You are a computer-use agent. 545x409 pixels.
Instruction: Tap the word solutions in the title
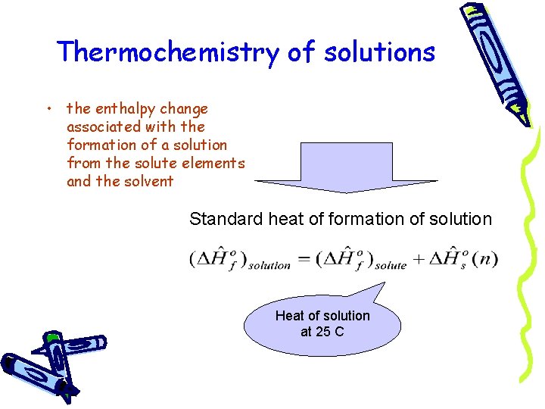pos(380,52)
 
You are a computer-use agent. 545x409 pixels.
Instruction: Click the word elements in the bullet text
pos(216,163)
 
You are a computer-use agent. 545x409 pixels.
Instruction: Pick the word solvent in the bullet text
pos(148,181)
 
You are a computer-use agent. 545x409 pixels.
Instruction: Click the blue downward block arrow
pos(345,167)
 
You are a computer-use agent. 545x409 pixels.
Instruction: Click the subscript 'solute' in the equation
pos(391,265)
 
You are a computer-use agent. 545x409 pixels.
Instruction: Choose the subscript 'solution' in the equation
pos(269,265)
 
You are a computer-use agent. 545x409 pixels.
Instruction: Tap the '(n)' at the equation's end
pos(484,259)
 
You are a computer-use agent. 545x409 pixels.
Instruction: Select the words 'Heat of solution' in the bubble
pos(322,316)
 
